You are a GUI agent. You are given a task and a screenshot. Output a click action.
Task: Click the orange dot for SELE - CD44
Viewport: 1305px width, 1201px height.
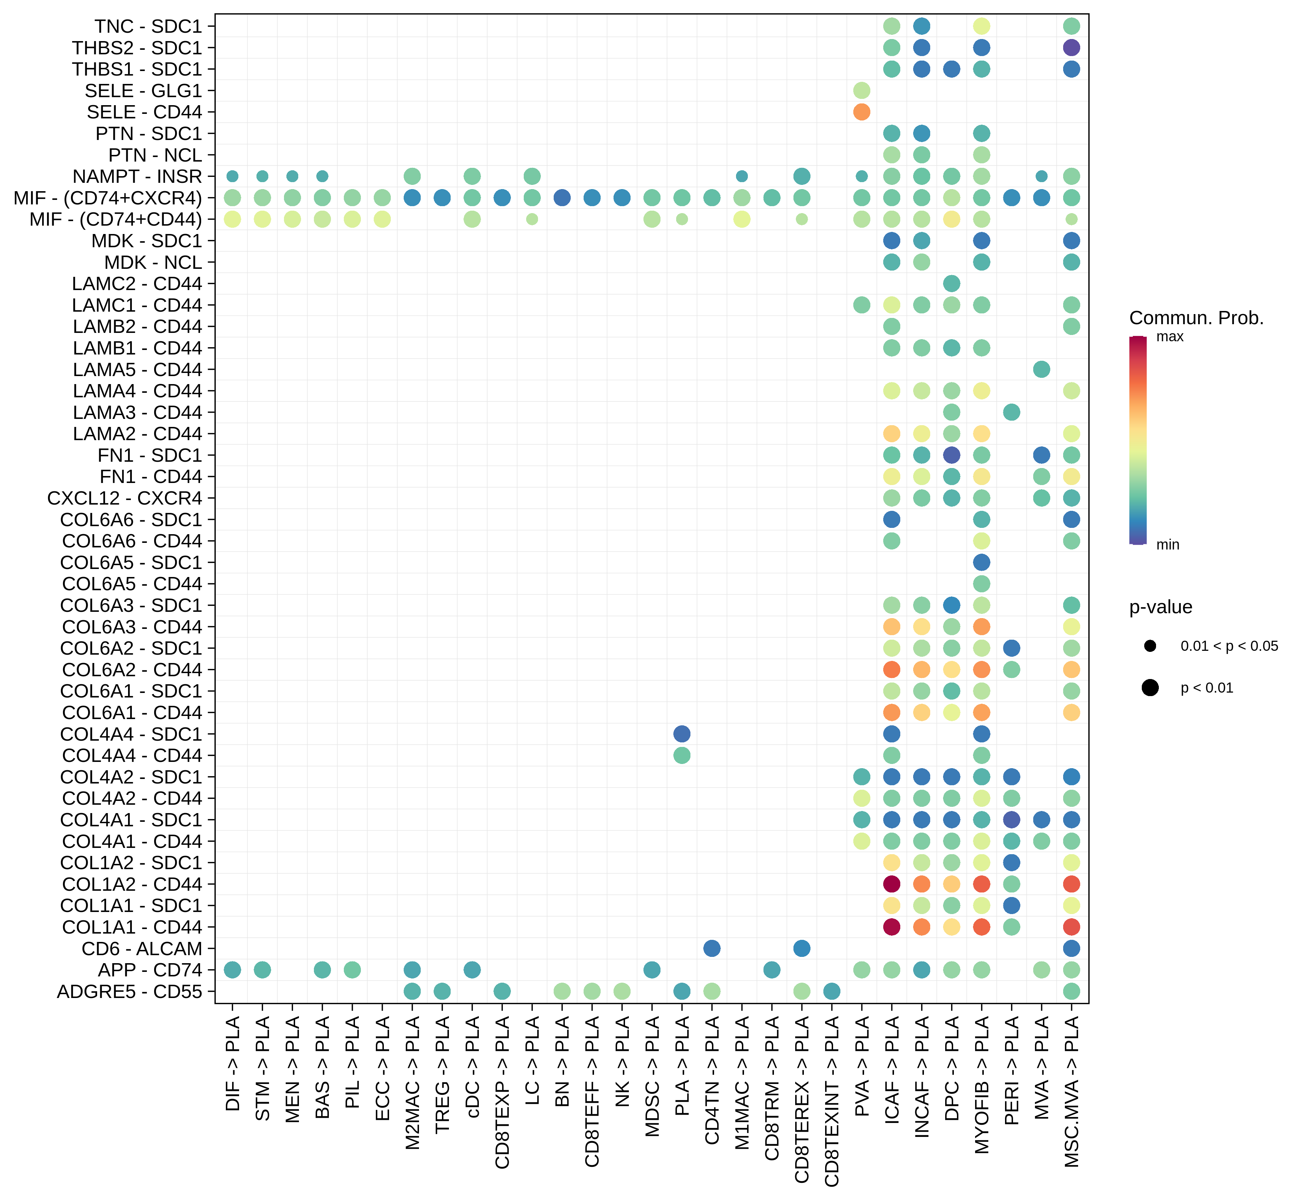pos(861,112)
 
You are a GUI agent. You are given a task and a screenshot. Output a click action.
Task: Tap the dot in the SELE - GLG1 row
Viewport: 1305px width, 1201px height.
pos(861,90)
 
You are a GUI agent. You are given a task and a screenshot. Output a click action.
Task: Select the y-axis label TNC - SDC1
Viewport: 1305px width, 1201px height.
pos(148,27)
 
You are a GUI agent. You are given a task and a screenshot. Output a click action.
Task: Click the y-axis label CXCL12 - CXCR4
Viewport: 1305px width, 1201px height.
pos(125,498)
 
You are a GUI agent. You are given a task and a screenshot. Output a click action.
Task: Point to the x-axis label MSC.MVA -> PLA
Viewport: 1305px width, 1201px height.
pos(1072,1092)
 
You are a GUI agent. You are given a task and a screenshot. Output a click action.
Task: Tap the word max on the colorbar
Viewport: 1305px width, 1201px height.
pos(1170,337)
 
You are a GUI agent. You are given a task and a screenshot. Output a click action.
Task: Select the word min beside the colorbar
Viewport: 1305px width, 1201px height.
pos(1167,545)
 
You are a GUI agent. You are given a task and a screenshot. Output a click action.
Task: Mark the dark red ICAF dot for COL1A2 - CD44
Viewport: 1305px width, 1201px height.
pos(892,884)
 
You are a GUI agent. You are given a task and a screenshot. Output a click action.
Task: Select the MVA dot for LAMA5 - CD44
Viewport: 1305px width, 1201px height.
pos(1041,369)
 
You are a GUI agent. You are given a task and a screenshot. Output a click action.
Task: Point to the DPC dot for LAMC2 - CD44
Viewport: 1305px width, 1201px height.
pos(952,283)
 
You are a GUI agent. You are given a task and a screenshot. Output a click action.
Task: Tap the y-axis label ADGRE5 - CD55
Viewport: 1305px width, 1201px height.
pos(130,992)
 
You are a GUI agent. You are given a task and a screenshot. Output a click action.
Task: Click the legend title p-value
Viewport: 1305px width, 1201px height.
pos(1161,607)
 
